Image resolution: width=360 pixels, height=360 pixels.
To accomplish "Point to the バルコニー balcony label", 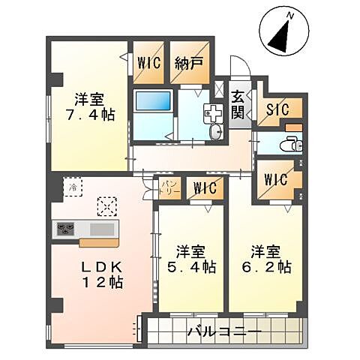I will tap(223, 331).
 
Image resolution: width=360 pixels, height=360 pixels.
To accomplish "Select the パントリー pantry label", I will tap(169, 186).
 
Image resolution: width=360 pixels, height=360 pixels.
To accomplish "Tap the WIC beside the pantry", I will tap(202, 187).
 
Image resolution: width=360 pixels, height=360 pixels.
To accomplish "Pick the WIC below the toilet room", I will tap(277, 180).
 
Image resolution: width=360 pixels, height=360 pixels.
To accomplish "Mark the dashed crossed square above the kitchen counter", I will tap(107, 205).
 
